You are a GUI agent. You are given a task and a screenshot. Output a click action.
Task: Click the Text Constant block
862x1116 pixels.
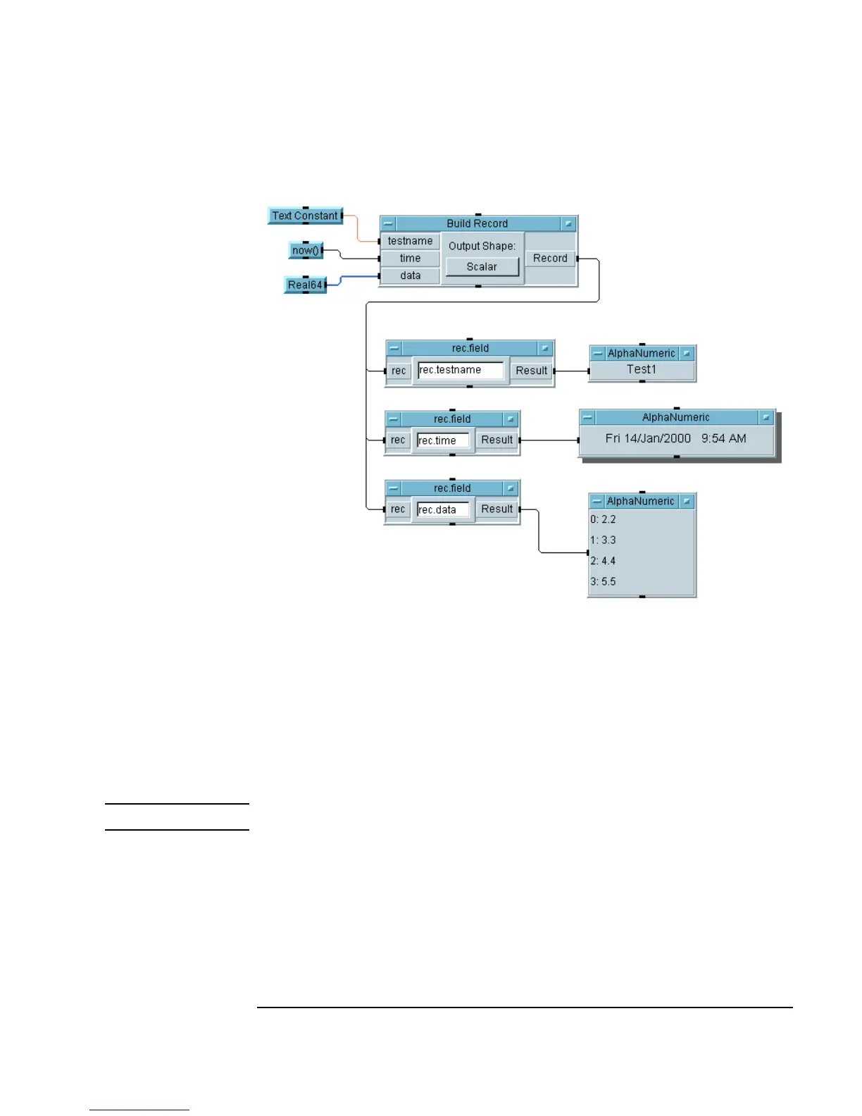pos(305,216)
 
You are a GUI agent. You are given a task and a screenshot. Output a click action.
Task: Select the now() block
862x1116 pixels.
pos(306,250)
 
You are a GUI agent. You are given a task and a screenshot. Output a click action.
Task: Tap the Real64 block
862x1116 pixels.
pos(305,285)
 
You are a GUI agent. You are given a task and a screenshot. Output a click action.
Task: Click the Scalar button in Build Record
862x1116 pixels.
pos(482,267)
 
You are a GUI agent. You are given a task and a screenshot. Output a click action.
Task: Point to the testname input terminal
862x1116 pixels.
pos(410,241)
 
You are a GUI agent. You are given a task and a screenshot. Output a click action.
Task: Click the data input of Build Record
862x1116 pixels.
pos(410,275)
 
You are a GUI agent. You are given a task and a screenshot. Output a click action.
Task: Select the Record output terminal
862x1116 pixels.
pos(550,259)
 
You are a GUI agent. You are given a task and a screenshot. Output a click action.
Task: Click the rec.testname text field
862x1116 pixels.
pos(461,370)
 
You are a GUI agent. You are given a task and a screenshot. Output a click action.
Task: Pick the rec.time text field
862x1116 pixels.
pos(442,440)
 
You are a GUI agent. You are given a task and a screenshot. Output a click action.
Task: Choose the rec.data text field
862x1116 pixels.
pos(442,509)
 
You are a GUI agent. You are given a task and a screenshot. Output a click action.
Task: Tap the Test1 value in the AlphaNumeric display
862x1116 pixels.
pos(642,369)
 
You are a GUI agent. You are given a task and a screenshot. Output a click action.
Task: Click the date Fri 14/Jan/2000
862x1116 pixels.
pos(648,438)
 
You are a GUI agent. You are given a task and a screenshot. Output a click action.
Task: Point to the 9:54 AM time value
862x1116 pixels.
pos(723,438)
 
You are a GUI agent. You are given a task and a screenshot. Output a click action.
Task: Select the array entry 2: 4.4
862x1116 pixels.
pos(604,561)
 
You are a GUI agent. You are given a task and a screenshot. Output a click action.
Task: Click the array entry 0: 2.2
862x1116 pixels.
pos(604,519)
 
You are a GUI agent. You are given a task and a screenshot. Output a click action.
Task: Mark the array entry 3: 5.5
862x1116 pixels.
pos(604,581)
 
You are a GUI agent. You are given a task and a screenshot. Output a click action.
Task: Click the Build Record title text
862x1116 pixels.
pos(477,223)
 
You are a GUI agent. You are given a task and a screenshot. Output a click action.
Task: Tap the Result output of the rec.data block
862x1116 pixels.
pos(496,509)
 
